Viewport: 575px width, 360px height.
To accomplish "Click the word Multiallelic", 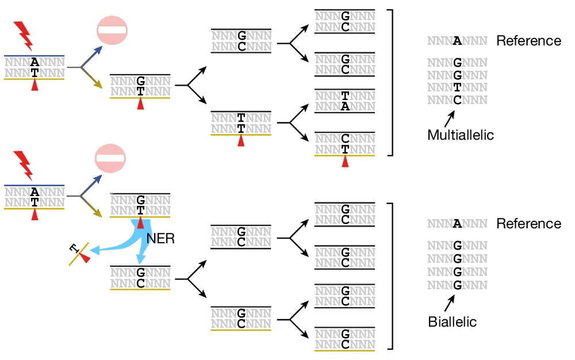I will (461, 136).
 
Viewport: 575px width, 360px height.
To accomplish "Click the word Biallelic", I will (453, 322).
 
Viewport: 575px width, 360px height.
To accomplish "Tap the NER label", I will (160, 239).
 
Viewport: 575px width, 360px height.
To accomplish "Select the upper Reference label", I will (528, 41).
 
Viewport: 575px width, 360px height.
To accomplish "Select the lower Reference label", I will (528, 224).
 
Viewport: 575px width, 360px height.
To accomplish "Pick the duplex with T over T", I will (241, 123).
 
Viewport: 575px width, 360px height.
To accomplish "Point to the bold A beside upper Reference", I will (457, 41).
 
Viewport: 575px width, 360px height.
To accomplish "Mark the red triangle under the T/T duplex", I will (241, 140).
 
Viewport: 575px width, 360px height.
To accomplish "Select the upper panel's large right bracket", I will (391, 82).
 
